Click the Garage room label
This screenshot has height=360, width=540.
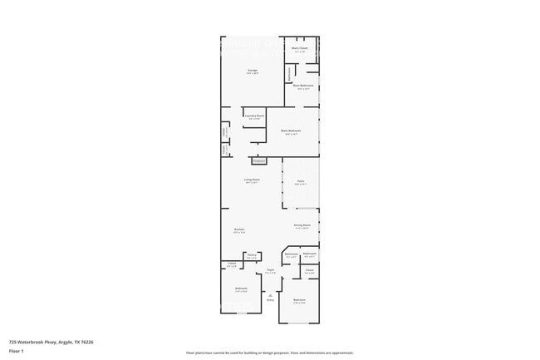coord(252,70)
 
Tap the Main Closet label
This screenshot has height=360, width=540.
coord(301,50)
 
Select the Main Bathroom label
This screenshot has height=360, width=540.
coord(302,86)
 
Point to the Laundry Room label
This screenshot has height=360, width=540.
coord(254,116)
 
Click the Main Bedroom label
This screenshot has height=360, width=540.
coord(290,131)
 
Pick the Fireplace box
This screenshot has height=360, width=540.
coord(258,160)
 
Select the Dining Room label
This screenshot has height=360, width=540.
coord(302,224)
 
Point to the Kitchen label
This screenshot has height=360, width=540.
coord(238,229)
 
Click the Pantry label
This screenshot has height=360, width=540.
coord(251,255)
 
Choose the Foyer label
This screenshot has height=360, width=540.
coord(271,269)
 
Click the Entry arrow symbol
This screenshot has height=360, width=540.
coord(270,294)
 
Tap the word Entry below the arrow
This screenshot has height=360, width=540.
coord(270,300)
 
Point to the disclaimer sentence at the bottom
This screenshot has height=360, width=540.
coord(270,353)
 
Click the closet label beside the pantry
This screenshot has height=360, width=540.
coord(232,264)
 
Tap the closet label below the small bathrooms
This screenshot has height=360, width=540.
coord(308,270)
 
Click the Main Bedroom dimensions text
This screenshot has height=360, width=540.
coord(290,134)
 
